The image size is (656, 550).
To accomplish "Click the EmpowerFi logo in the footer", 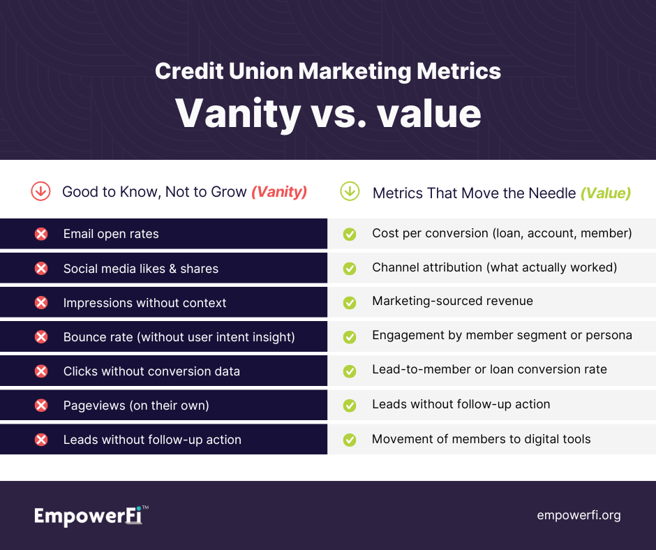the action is pos(91,515).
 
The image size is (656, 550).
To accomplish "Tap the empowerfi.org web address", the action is pos(579,515).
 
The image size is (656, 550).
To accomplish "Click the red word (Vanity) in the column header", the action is pos(279,192).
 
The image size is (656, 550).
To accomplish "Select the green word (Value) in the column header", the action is pos(605,193).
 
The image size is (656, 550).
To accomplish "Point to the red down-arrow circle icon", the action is pos(40,191).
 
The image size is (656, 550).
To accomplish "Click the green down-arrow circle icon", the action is pos(350,191).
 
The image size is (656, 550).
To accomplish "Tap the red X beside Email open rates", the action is pos(41,234).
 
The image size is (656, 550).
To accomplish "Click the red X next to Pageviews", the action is pos(41,406).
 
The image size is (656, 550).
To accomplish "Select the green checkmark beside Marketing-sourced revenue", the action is pos(350,303).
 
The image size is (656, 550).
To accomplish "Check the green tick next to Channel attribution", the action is pos(350,268).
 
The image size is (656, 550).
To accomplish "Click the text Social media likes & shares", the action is pos(141,269).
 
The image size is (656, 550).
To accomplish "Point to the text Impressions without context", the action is pos(144,303).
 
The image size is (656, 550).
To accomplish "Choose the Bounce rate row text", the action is pos(179,337).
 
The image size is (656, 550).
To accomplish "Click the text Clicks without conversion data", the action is pos(152,371).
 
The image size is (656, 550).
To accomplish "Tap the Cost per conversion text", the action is pos(502,233).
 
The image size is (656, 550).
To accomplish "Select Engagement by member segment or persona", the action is pos(502,335).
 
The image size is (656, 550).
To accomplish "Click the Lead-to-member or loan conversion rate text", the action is pos(489,369).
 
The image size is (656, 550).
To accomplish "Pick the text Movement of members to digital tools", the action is pos(481,439).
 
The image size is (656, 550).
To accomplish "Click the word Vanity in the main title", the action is pos(238,114).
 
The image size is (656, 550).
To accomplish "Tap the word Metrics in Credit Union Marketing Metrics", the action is pos(459,70).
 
